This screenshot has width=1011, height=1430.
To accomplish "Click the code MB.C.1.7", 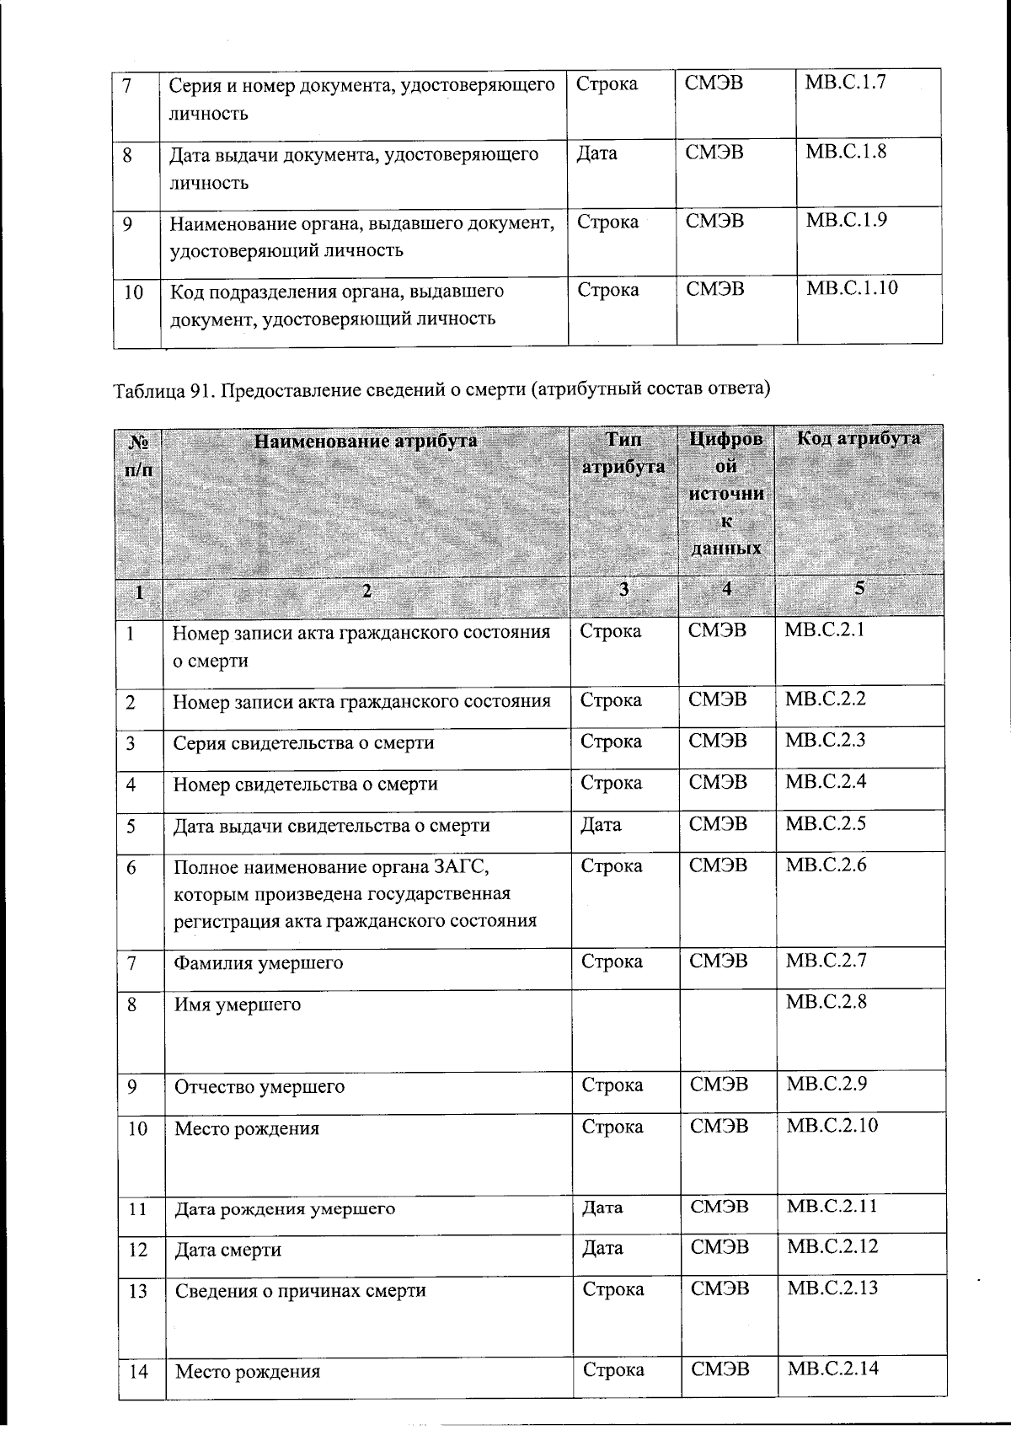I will coord(845,83).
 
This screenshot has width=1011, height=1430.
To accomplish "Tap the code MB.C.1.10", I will coord(852,288).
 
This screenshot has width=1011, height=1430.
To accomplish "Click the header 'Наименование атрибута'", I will coord(366,441).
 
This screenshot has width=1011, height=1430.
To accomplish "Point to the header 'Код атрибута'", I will coord(859,438).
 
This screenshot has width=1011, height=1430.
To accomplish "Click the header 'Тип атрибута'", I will coord(623,453).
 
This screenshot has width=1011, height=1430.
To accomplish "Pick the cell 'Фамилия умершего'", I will coord(259,962).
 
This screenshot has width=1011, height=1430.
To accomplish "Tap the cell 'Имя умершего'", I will coord(238,1004).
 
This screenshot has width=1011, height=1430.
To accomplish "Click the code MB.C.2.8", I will coord(826,1001).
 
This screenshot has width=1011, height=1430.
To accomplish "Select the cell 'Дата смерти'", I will coord(228,1250).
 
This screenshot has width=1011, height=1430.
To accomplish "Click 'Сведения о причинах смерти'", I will coord(300,1291).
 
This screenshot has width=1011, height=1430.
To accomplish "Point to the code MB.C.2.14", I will coord(832,1368).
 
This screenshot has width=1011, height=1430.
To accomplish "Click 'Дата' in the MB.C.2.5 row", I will coord(601,825).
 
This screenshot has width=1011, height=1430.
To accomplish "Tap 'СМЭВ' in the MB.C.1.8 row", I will coord(714,153).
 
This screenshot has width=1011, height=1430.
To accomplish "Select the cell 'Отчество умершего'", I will coord(259,1086).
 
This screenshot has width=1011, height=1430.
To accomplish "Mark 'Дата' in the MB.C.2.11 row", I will coord(602,1208).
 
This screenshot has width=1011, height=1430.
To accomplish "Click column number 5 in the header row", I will coord(859,589).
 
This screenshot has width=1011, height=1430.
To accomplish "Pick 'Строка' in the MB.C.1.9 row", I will coord(607,222).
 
